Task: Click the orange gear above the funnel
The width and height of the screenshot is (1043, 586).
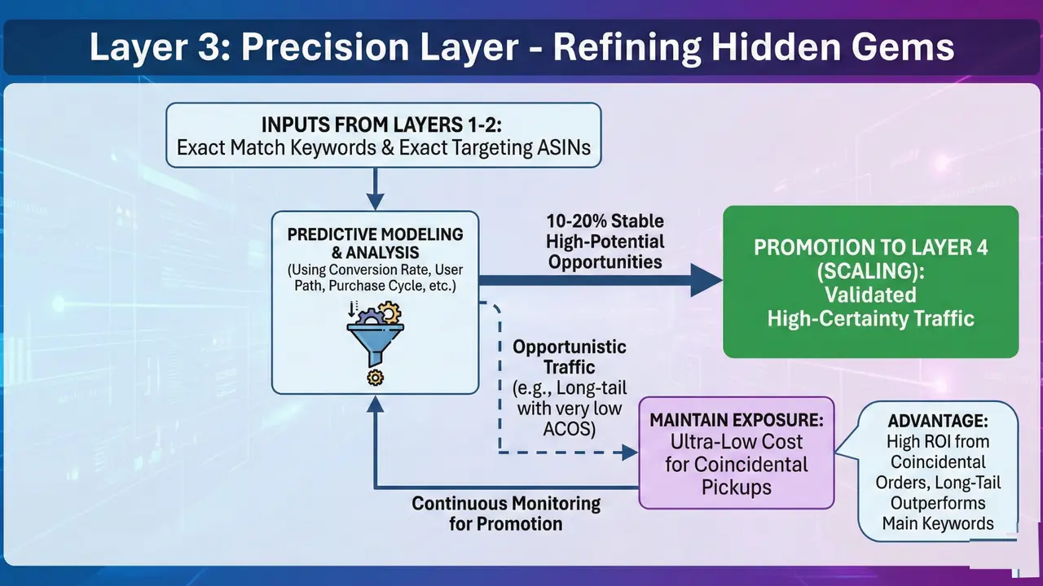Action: [x=390, y=312]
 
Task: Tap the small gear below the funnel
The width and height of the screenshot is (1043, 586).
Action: [x=375, y=377]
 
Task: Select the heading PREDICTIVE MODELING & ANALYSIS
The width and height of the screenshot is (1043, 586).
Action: [x=375, y=243]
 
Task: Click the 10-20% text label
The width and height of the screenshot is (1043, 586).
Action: [x=605, y=221]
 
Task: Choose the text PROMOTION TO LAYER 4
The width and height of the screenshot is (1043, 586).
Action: [x=870, y=247]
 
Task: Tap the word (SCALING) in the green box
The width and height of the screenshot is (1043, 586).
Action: [x=870, y=270]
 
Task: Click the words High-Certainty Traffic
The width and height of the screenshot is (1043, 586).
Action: [x=870, y=318]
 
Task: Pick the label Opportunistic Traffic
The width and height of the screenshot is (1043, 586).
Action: [x=569, y=356]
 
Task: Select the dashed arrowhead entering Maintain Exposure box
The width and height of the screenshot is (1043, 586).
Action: [x=629, y=451]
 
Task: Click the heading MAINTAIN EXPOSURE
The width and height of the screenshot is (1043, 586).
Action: [x=736, y=421]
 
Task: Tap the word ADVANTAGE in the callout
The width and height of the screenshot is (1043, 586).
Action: [x=937, y=422]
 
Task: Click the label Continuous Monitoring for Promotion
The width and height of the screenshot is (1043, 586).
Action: [x=505, y=513]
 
